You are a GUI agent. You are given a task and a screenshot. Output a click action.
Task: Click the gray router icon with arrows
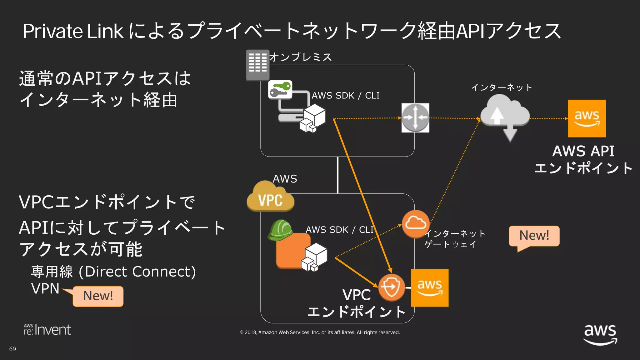[x=415, y=118]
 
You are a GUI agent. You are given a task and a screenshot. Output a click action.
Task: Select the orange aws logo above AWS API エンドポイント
[x=587, y=118]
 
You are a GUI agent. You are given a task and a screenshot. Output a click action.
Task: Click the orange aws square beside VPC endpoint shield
[x=429, y=288]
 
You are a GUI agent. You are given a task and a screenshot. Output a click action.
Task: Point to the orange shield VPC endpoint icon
[x=391, y=287]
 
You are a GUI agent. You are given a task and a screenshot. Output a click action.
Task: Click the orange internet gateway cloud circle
[x=415, y=224]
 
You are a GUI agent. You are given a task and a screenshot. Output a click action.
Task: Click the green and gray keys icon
[x=280, y=89]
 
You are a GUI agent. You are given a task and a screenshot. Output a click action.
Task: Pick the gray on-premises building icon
[x=257, y=65]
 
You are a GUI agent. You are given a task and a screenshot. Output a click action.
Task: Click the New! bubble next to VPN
[x=98, y=296]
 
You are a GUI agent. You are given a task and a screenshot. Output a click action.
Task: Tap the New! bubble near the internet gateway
[x=534, y=236]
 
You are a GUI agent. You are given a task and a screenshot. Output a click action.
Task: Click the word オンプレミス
[x=300, y=57]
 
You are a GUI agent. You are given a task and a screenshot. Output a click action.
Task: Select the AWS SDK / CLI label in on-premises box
[x=345, y=96]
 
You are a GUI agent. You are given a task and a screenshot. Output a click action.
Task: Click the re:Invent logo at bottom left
[x=47, y=330]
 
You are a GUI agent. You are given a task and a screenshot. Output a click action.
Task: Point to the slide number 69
[x=12, y=349]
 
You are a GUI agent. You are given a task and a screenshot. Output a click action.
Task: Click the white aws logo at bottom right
[x=600, y=334]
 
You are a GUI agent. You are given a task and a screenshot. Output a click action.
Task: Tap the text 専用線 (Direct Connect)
[x=113, y=271]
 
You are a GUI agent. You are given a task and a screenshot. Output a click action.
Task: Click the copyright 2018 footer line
[x=320, y=332]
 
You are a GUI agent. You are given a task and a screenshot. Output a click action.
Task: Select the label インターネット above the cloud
[x=501, y=87]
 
